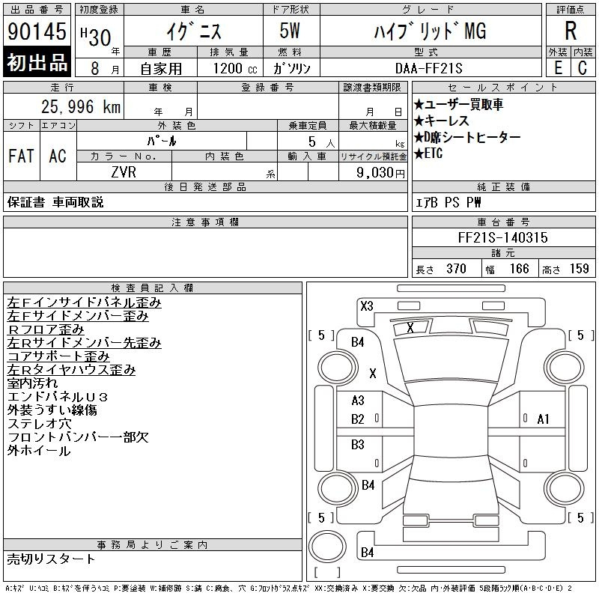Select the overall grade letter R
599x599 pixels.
pos(571,31)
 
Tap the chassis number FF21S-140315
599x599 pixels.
pos(502,237)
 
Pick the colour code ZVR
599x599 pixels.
pos(124,171)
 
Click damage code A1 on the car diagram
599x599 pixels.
pos(544,419)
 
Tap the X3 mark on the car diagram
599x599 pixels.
pos(366,305)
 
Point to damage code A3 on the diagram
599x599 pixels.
pos(358,401)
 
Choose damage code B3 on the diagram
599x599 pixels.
pos(358,445)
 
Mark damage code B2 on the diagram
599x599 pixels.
pos(358,419)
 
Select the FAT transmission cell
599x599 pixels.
pos(21,156)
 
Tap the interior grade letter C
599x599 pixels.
pos(582,67)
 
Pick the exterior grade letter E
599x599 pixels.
pos(558,67)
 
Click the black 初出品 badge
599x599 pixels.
pos(37,63)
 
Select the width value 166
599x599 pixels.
pos(519,269)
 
